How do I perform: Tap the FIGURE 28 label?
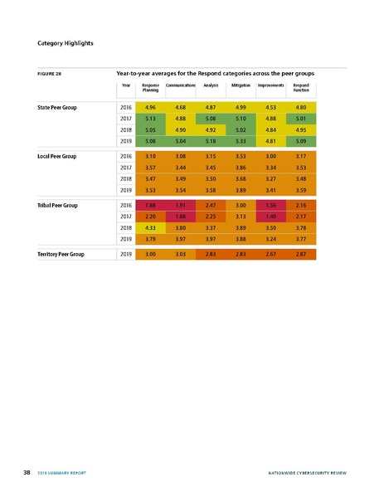(51, 74)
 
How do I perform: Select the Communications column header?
(180, 85)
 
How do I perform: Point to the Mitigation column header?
(241, 85)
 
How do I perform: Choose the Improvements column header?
(271, 85)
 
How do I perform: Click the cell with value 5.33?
(241, 143)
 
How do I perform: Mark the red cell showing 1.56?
(271, 204)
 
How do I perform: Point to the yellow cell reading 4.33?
(150, 227)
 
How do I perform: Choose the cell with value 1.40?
(271, 216)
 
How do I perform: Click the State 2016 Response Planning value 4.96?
(150, 108)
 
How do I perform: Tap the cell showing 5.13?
(150, 119)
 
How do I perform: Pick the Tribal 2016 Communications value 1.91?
(180, 204)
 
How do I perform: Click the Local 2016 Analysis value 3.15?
(211, 156)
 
